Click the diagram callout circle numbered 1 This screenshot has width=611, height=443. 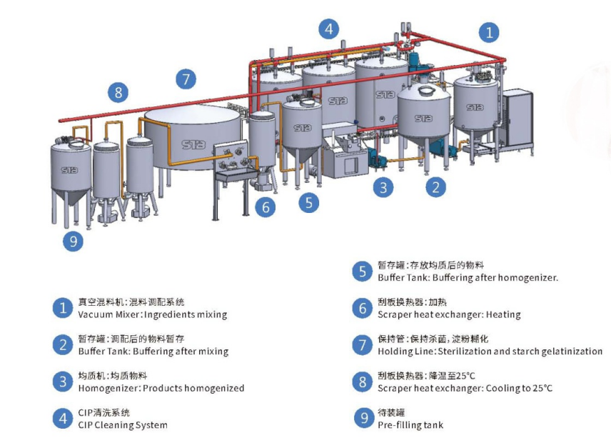[x=489, y=32]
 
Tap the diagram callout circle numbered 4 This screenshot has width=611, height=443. [x=328, y=29]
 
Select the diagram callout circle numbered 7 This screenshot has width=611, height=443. [x=186, y=79]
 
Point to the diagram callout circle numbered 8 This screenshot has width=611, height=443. [x=118, y=92]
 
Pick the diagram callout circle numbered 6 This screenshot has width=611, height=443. [x=266, y=208]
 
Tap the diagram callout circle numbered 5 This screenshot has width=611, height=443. [x=308, y=202]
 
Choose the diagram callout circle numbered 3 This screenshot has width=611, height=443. [x=385, y=188]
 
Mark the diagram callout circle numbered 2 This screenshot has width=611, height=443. [x=436, y=188]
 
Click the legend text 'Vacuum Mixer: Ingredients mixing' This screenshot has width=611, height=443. [x=152, y=314]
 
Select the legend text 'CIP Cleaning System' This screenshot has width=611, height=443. [x=123, y=425]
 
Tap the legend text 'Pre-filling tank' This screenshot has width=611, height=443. [x=410, y=425]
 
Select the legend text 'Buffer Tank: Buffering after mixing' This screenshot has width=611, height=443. [x=153, y=352]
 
